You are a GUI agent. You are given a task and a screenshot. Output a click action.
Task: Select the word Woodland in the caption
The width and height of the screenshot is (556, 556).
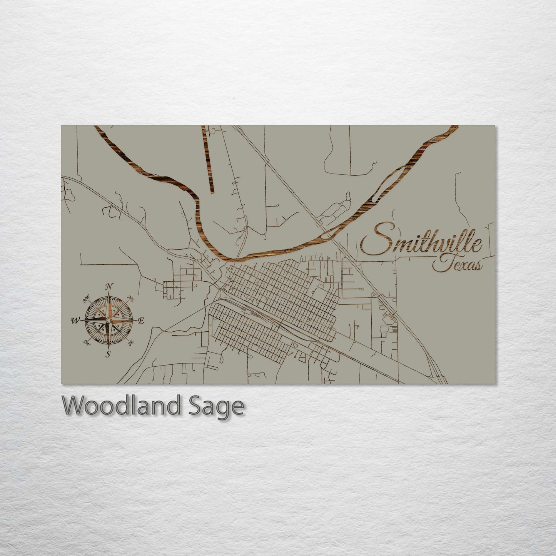pos(120,406)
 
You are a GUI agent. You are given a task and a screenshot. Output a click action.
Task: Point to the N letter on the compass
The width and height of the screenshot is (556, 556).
pos(109,286)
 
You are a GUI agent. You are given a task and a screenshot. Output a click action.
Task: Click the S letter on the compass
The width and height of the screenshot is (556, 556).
pos(109,354)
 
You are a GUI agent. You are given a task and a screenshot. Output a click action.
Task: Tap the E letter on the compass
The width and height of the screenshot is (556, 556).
pos(141,321)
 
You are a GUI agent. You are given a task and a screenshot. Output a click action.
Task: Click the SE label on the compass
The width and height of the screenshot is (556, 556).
pos(131,342)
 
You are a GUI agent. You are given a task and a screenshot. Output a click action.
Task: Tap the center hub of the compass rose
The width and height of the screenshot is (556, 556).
pos(109,320)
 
